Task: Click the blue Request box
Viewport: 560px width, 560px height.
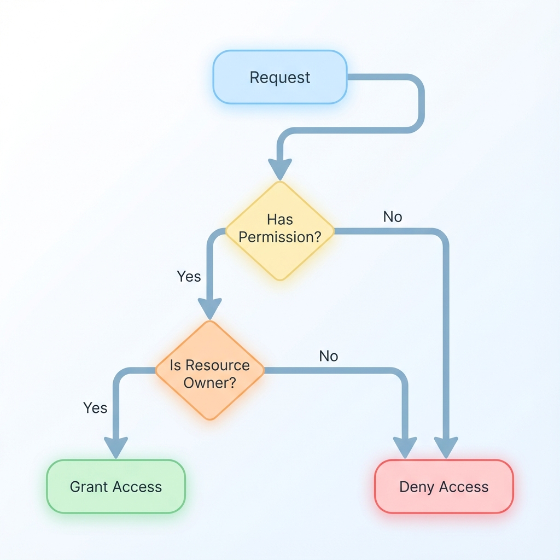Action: click(279, 77)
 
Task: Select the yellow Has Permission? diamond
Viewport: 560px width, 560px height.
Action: click(279, 230)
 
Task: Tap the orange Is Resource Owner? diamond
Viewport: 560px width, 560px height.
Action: click(209, 370)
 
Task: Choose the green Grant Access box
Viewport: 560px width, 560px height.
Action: click(116, 486)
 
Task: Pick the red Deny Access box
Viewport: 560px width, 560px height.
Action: click(444, 486)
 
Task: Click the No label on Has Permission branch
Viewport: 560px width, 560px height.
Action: click(392, 217)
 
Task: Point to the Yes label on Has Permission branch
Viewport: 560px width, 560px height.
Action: click(189, 276)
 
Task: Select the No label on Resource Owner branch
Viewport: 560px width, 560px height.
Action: click(328, 356)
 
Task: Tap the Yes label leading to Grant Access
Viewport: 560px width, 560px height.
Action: click(95, 407)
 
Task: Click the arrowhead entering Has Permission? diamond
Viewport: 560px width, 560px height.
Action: click(279, 168)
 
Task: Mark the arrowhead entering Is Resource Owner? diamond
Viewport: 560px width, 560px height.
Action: click(209, 308)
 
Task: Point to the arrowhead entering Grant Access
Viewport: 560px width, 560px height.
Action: click(116, 447)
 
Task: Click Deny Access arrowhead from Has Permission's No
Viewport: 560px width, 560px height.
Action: click(446, 447)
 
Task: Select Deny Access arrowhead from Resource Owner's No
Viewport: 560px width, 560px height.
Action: click(405, 447)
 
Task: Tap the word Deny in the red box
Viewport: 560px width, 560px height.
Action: click(417, 487)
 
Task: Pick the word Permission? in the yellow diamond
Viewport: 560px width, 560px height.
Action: click(279, 238)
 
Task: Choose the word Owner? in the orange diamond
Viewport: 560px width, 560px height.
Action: click(209, 382)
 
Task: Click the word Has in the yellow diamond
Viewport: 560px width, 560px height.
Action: click(280, 219)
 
